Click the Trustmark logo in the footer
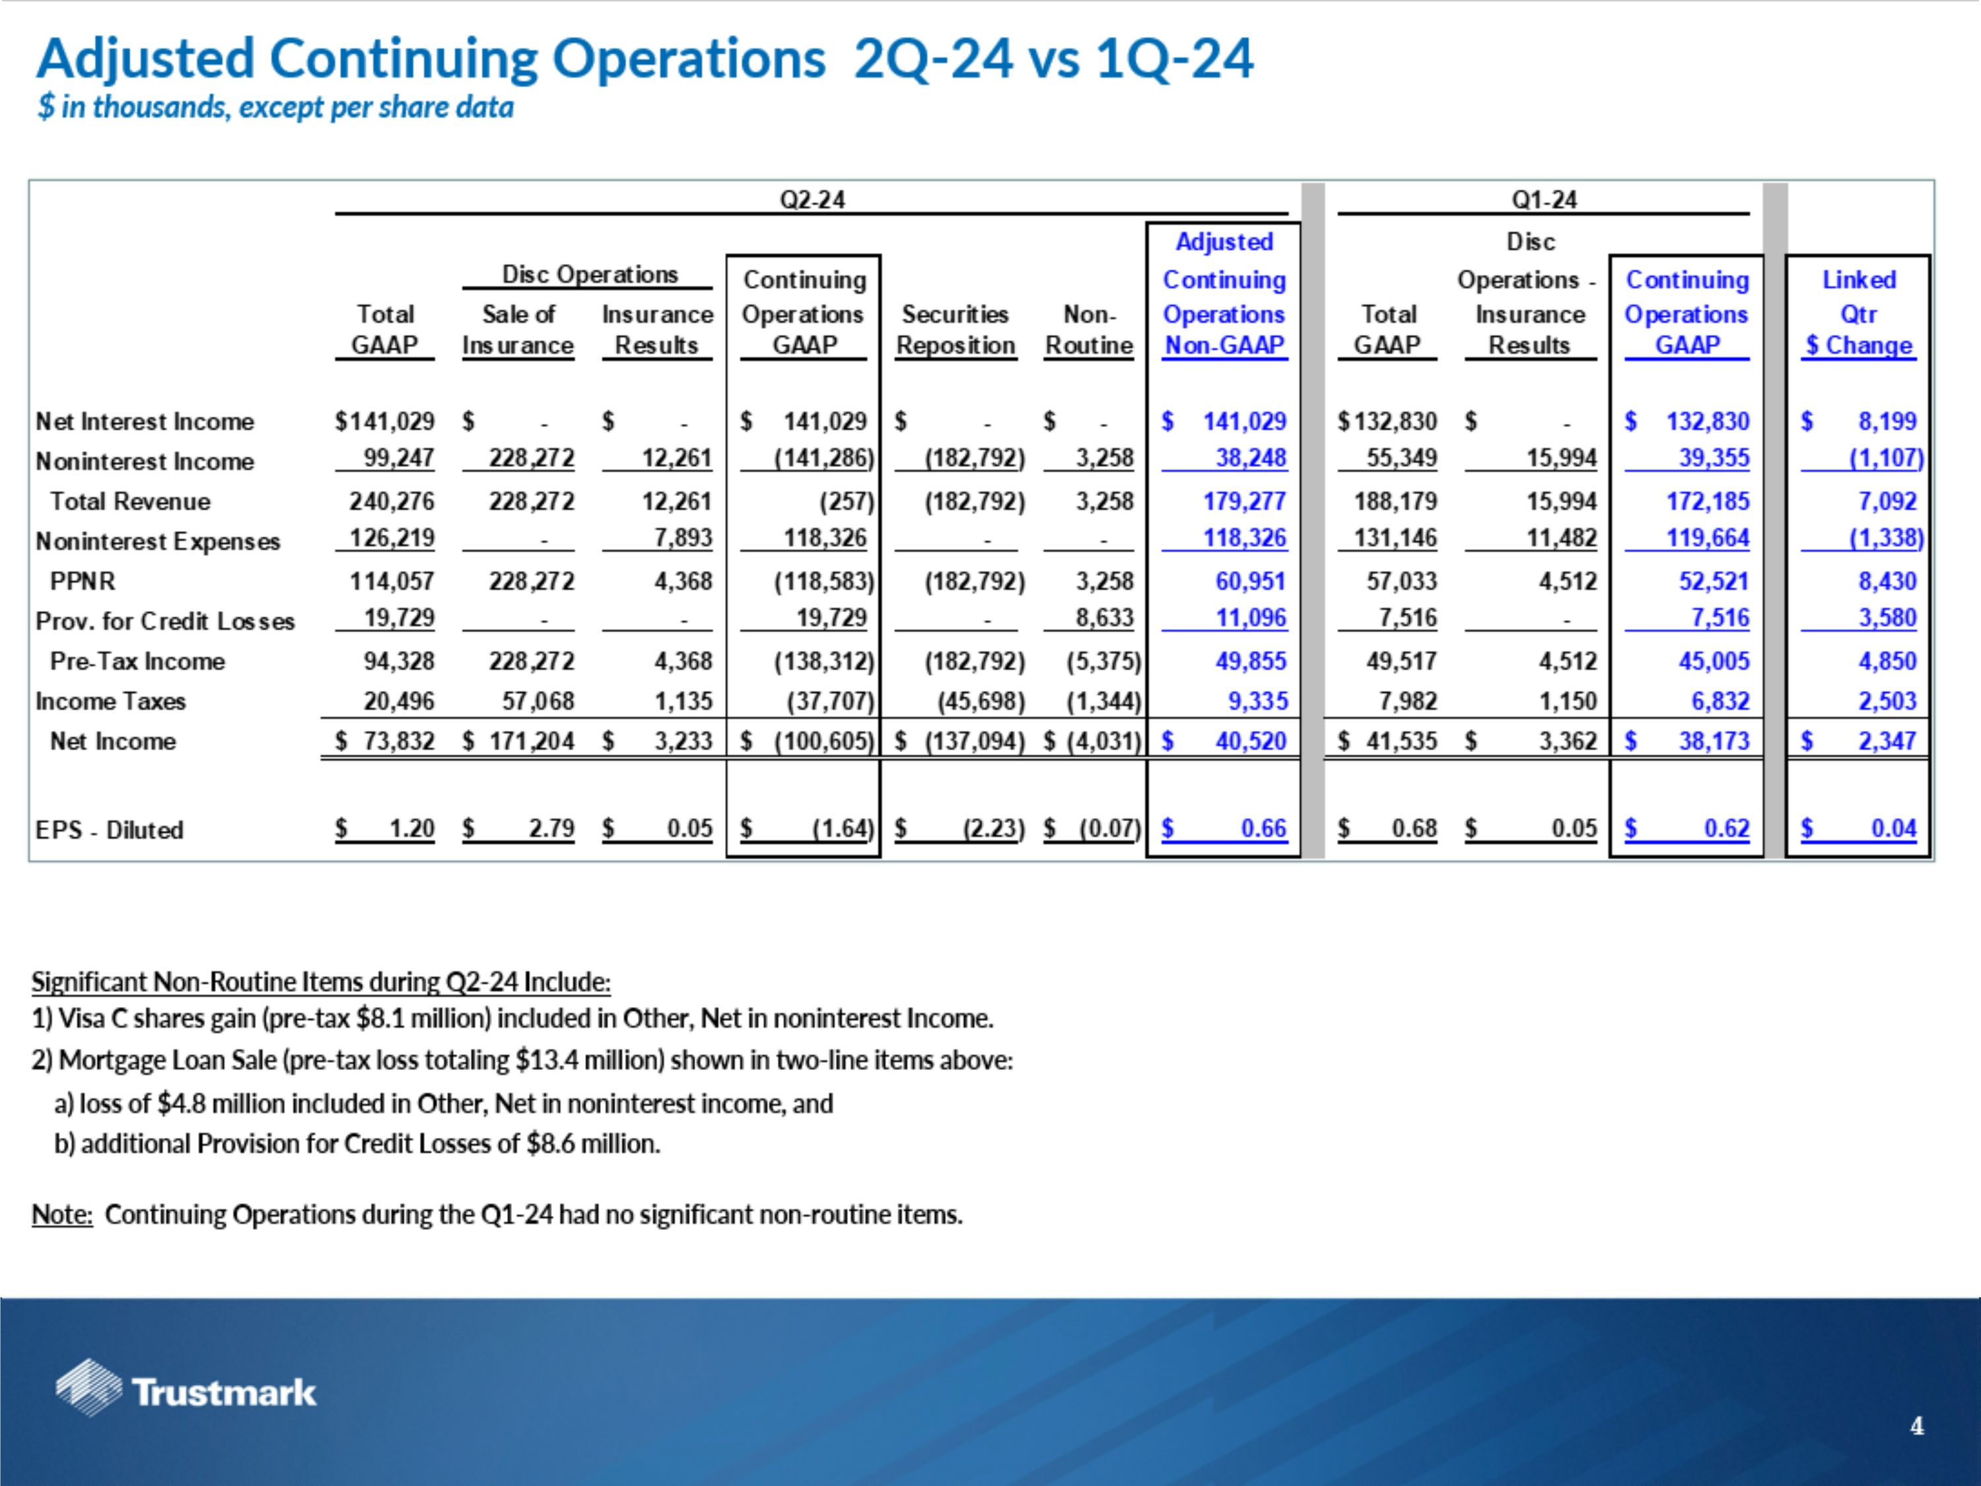pos(186,1391)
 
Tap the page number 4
pos(1916,1426)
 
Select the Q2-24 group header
pos(812,199)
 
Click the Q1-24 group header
pos(1543,199)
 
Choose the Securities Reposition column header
pos(955,330)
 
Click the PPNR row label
pos(83,581)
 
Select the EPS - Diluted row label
pos(109,830)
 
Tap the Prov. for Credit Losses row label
pos(165,621)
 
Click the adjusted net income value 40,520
pos(1249,741)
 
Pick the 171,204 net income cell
pos(531,741)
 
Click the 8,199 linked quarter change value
pos(1886,421)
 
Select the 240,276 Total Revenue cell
pos(392,501)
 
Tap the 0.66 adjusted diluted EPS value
pos(1263,829)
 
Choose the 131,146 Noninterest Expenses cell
pos(1395,538)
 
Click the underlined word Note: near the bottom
pos(62,1215)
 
